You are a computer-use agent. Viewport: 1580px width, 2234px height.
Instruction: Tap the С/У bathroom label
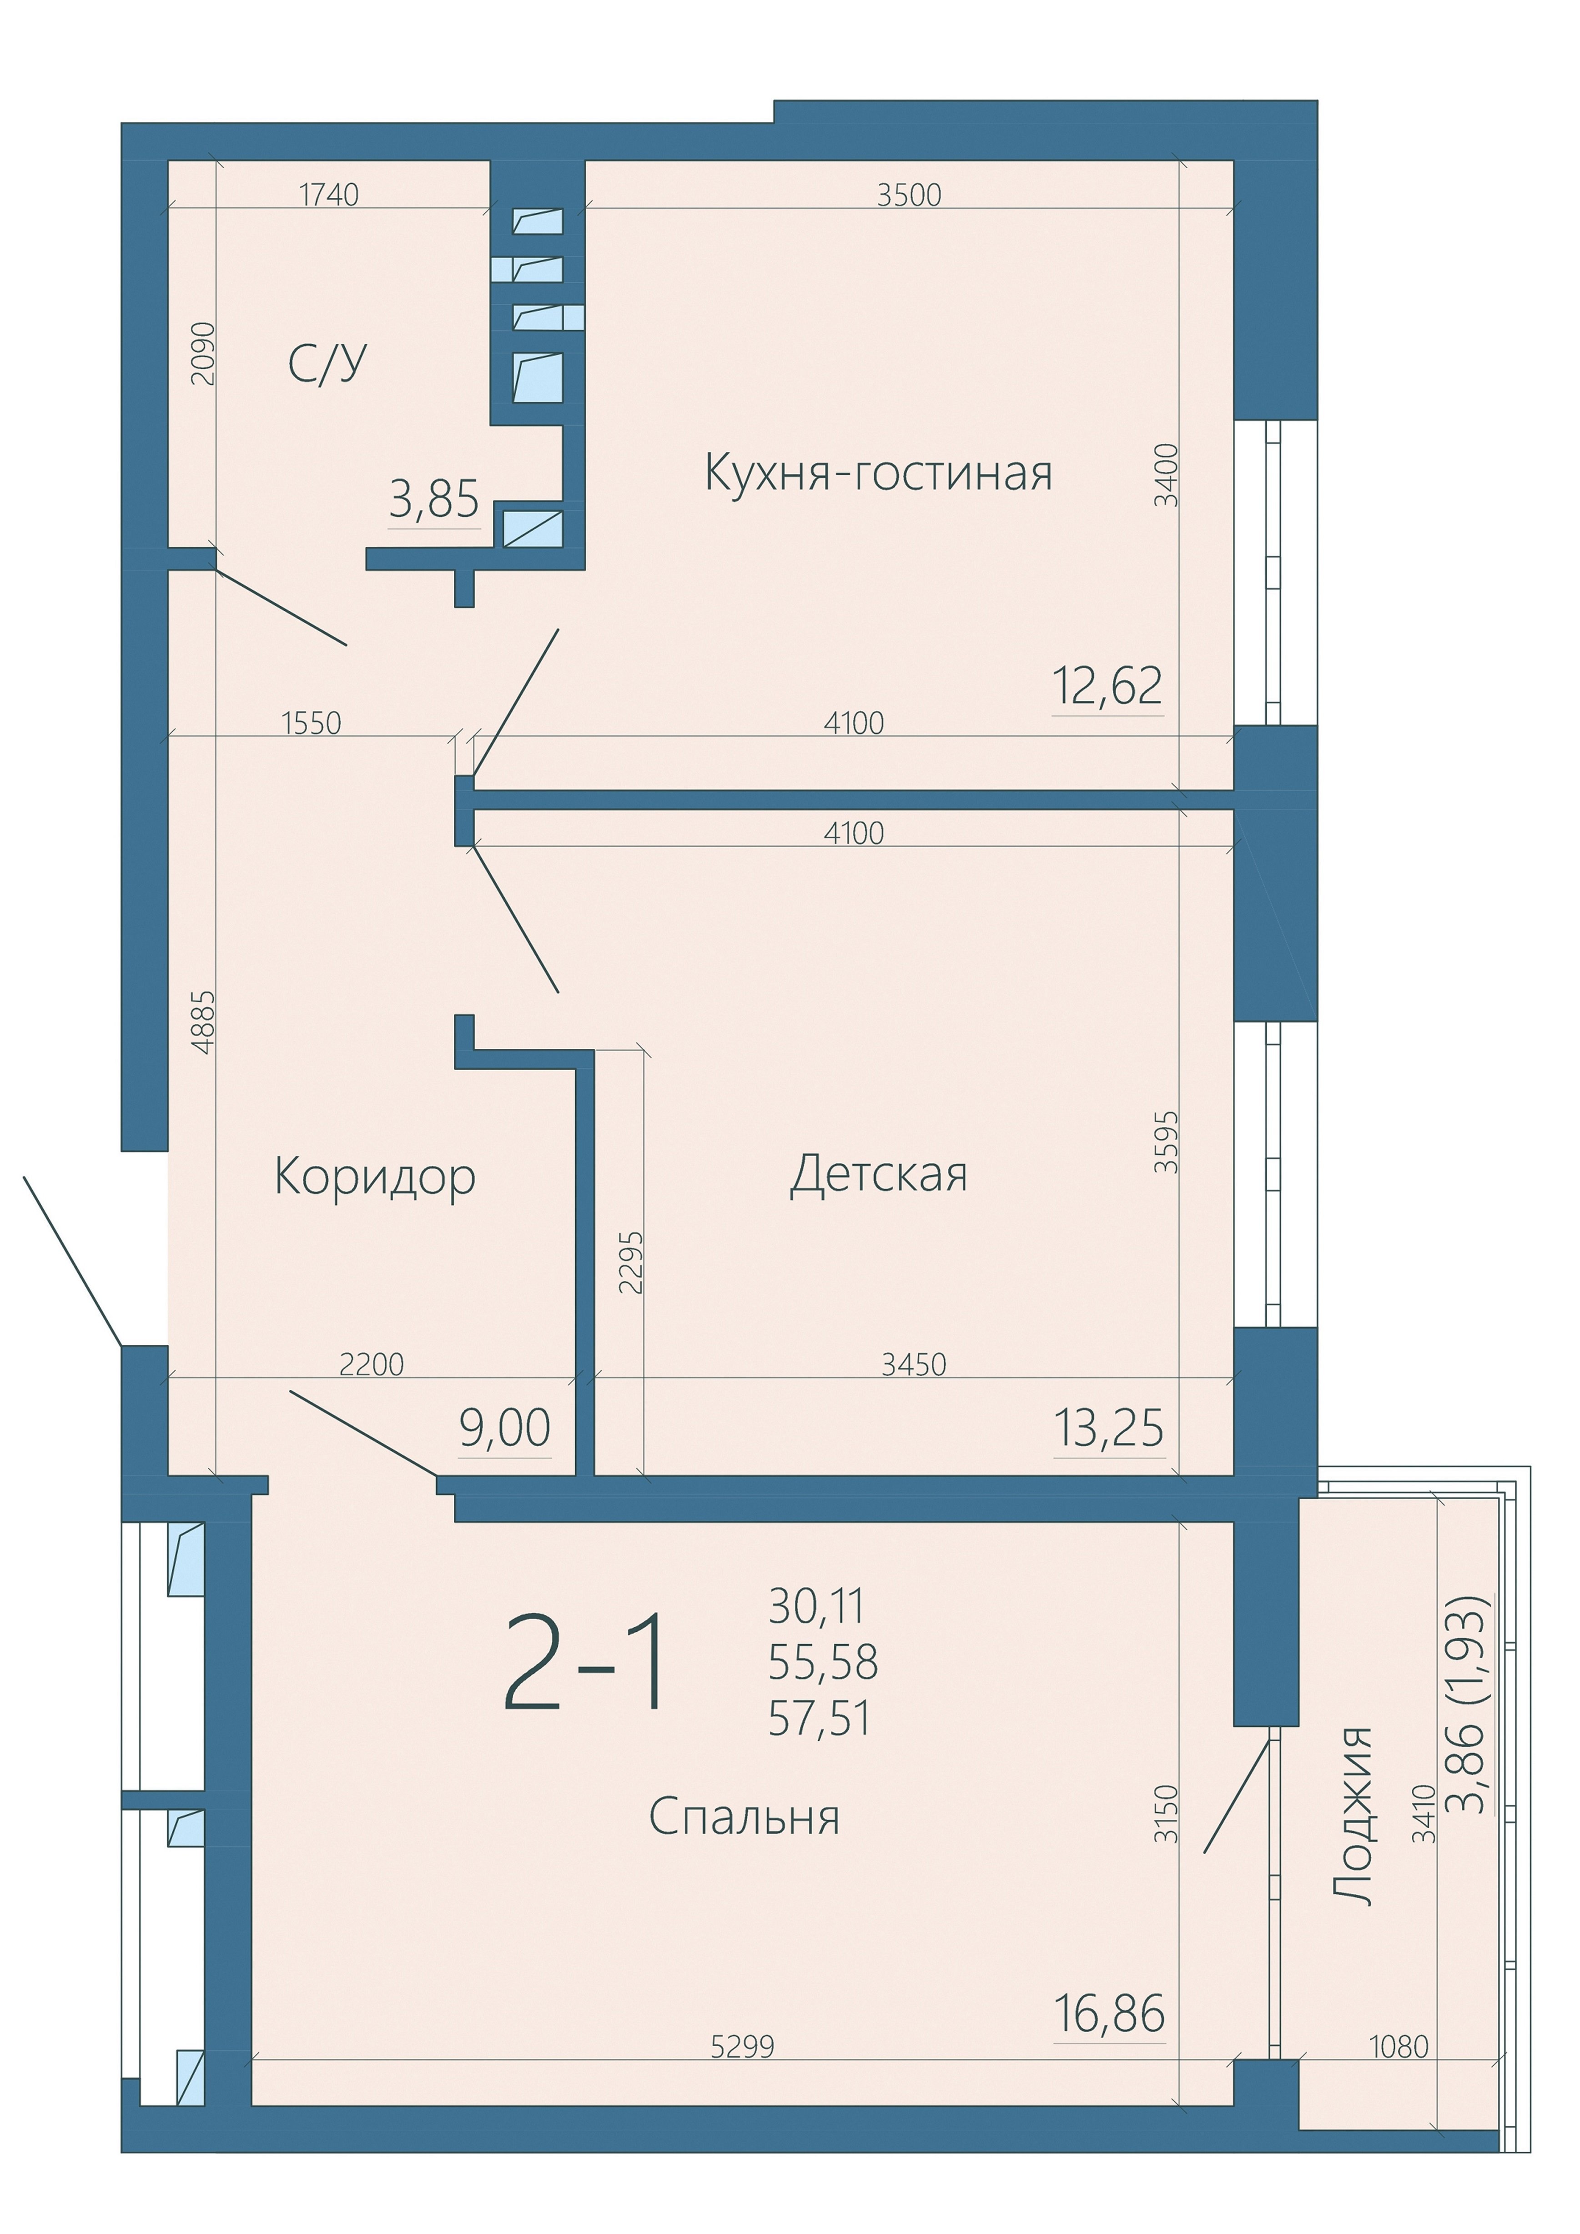pyautogui.click(x=328, y=364)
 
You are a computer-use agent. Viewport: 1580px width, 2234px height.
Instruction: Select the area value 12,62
pyautogui.click(x=1108, y=687)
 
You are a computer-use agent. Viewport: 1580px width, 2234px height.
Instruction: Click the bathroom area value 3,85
pyautogui.click(x=434, y=500)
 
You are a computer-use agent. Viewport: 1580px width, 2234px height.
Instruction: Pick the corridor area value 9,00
pyautogui.click(x=505, y=1429)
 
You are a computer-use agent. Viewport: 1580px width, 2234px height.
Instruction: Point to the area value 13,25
pyautogui.click(x=1109, y=1429)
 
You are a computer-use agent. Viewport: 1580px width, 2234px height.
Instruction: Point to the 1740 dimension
pyautogui.click(x=329, y=196)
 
